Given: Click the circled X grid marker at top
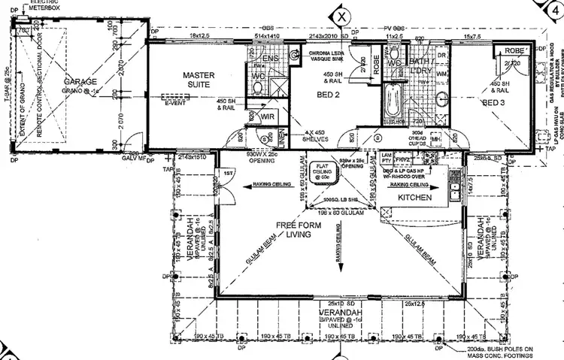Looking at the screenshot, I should (x=342, y=14).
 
